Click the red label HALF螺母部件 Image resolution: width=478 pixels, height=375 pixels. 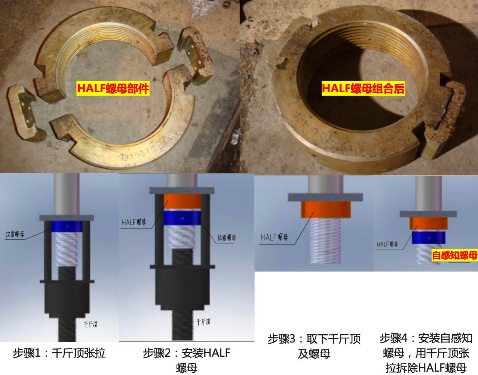coord(113,89)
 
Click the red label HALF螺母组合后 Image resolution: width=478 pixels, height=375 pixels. coord(363,89)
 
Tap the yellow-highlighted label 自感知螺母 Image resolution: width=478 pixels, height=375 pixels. coord(454,255)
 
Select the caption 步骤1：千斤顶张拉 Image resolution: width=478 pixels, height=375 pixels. coord(59,353)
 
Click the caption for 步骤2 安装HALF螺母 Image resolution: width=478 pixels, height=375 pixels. coord(186,360)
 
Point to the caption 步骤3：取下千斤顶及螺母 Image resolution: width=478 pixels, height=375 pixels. coord(314,346)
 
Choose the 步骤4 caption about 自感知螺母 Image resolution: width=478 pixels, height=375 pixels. coord(426,353)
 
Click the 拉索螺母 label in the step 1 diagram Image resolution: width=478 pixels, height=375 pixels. coord(15,234)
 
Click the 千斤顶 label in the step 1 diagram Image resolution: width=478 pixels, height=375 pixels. coord(91,325)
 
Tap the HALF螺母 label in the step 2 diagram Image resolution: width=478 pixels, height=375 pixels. coord(134,222)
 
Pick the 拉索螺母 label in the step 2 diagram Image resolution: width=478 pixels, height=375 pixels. coord(227,238)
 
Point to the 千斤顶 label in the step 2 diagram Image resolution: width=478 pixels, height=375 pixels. coord(203,322)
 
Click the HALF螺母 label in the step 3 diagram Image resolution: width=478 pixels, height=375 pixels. coord(274,237)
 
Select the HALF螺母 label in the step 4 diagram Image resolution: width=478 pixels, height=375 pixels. coord(387,244)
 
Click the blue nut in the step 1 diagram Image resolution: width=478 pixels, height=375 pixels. coord(67,226)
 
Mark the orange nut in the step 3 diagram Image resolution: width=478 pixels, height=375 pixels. coord(326,210)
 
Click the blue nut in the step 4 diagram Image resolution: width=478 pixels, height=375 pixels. coord(429,238)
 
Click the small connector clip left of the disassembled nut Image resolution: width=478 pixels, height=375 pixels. coord(22,112)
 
